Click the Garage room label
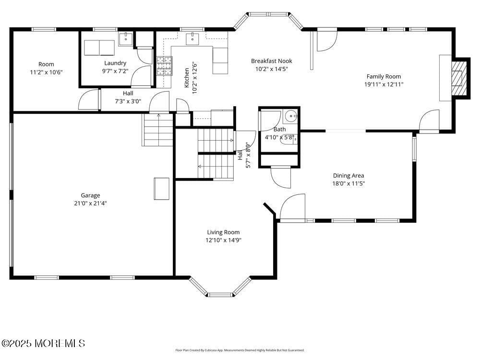[90, 195]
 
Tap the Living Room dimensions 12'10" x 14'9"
[223, 240]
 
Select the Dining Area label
[348, 176]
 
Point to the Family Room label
[384, 76]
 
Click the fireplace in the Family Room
[459, 78]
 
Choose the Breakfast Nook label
[271, 61]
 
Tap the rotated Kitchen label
[187, 78]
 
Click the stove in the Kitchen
[164, 66]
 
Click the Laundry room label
[115, 63]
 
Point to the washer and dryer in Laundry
[99, 48]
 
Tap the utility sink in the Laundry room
[126, 38]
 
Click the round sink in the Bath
[291, 117]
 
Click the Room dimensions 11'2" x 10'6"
[46, 72]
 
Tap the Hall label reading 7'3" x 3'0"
[128, 101]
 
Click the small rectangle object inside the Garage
[161, 188]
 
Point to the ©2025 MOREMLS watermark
[43, 343]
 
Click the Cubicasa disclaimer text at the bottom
[240, 350]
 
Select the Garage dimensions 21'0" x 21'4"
[90, 203]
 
